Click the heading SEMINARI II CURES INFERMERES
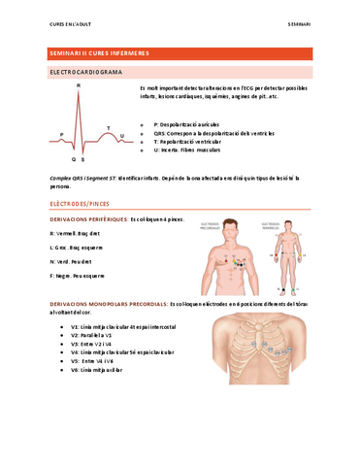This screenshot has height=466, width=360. click(x=100, y=52)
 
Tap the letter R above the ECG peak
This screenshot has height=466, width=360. click(x=79, y=87)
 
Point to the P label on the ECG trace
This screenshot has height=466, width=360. click(x=60, y=133)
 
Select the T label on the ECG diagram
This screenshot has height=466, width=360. click(x=109, y=127)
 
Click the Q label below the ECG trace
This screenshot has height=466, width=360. click(x=73, y=157)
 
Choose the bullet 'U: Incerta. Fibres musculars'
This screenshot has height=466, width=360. click(x=194, y=150)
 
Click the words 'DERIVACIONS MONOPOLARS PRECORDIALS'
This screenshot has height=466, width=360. click(x=108, y=304)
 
